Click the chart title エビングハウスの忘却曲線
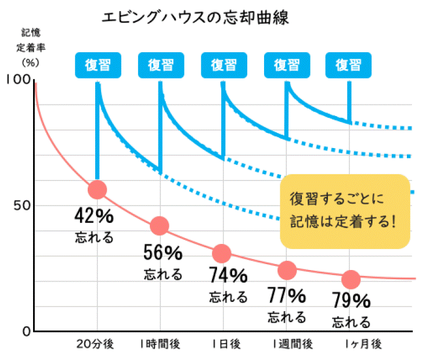click(195, 17)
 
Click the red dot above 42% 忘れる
click(97, 190)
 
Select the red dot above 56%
click(159, 226)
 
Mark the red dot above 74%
click(222, 254)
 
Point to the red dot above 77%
click(287, 269)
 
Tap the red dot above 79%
click(350, 279)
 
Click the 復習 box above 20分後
click(98, 64)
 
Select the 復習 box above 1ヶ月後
click(349, 64)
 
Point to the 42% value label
click(94, 216)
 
